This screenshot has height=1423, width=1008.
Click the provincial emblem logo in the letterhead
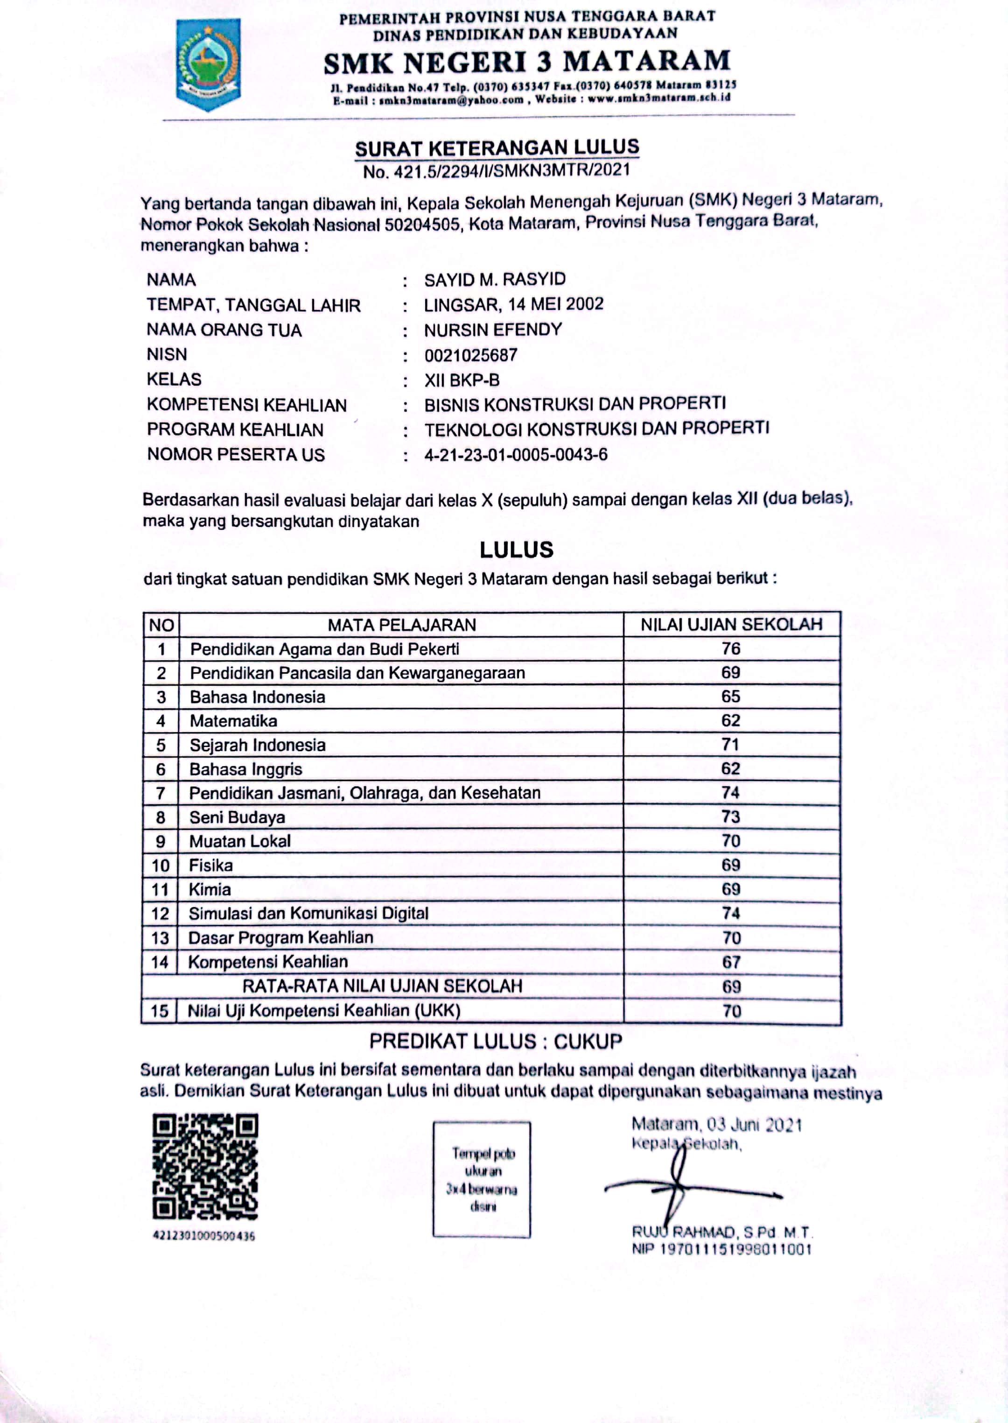click(208, 64)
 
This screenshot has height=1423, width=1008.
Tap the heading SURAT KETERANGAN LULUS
click(497, 148)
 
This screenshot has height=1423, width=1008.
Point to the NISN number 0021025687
click(470, 355)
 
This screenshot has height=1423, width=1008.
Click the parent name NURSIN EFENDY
click(493, 330)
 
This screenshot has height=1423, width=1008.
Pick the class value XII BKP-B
click(462, 380)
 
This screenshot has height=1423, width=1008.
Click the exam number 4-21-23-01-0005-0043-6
click(516, 455)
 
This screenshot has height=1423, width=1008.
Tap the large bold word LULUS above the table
click(517, 549)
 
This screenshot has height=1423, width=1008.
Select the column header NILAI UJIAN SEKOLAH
click(731, 625)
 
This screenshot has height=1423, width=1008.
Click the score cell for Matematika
click(730, 720)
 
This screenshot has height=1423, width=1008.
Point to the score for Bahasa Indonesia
click(730, 696)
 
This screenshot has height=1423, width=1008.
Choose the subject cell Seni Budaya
click(237, 817)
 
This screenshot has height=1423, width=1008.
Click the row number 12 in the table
click(160, 913)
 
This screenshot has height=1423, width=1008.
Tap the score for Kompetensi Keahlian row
click(731, 962)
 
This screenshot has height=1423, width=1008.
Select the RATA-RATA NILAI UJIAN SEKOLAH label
click(382, 986)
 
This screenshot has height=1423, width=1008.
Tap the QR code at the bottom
click(205, 1167)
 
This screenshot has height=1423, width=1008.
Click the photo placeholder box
click(482, 1180)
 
